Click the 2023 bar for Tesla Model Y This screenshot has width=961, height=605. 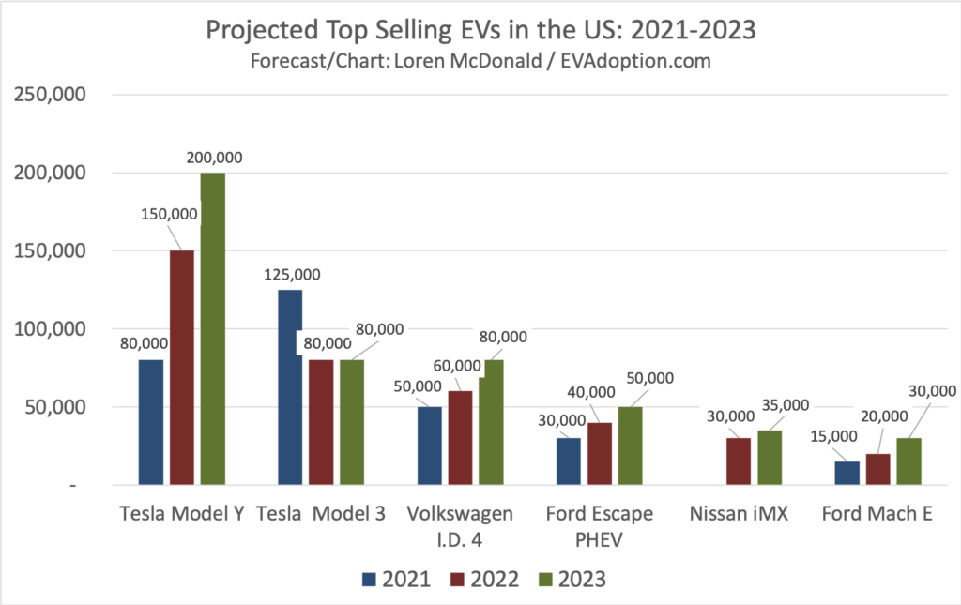point(212,328)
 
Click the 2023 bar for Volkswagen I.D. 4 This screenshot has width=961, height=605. point(491,422)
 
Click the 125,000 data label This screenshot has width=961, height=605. point(289,275)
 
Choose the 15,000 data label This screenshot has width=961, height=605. point(834,435)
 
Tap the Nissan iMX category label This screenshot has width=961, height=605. point(740,515)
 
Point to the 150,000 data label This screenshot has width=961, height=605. point(170,214)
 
